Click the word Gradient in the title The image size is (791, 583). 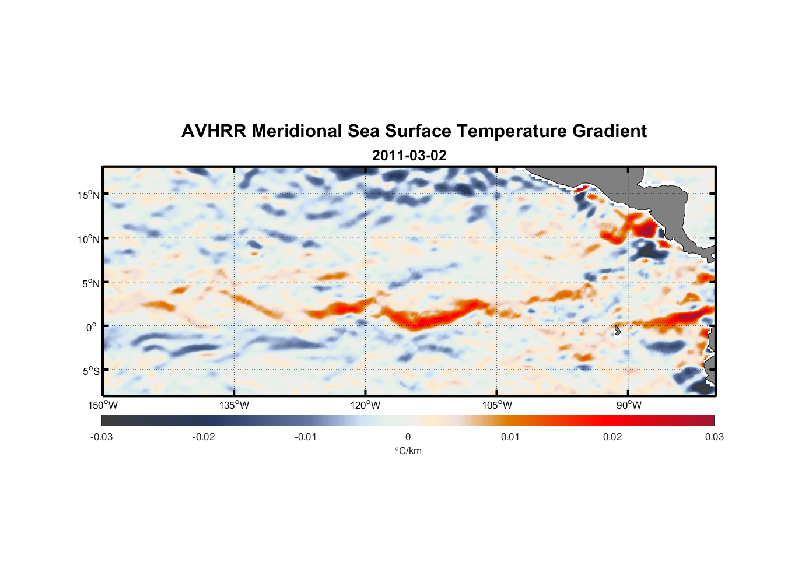click(x=609, y=131)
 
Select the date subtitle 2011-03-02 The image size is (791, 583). click(x=409, y=156)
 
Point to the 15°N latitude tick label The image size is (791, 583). click(x=89, y=195)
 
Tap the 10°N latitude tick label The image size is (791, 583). click(x=89, y=239)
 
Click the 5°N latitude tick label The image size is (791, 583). click(x=90, y=283)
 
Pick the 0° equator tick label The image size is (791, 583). click(x=92, y=328)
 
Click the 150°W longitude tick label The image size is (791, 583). click(x=103, y=405)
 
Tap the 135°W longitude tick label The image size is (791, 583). click(x=235, y=405)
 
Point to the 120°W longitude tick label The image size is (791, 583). click(x=366, y=405)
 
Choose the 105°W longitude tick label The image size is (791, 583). click(x=497, y=405)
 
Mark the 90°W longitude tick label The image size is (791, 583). click(x=629, y=405)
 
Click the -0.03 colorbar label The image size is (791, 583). click(x=101, y=437)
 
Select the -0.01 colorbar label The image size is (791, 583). click(x=306, y=437)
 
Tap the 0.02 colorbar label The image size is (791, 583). click(x=612, y=437)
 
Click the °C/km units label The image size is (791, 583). click(x=408, y=451)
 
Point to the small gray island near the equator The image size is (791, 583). click(x=617, y=330)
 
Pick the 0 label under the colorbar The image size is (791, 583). click(x=408, y=437)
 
